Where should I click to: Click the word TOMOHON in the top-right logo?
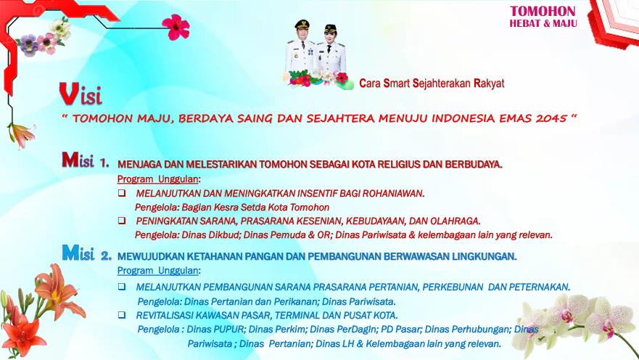point(543,11)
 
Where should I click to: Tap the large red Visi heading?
point(81,93)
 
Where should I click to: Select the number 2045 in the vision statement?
point(548,118)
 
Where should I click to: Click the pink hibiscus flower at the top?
point(176,27)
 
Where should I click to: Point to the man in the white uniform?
point(300,49)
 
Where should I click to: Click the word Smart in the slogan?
point(396,83)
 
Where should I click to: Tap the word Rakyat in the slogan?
point(489,83)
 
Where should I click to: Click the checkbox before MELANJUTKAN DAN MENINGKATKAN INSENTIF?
point(122,193)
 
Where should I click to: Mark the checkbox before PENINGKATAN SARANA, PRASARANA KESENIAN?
point(122,221)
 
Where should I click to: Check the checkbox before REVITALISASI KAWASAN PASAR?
point(122,315)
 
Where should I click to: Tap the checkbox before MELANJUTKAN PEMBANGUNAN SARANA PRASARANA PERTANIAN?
point(122,287)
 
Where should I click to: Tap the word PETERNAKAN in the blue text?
point(539,287)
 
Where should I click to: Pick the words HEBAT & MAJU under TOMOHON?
point(543,23)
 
